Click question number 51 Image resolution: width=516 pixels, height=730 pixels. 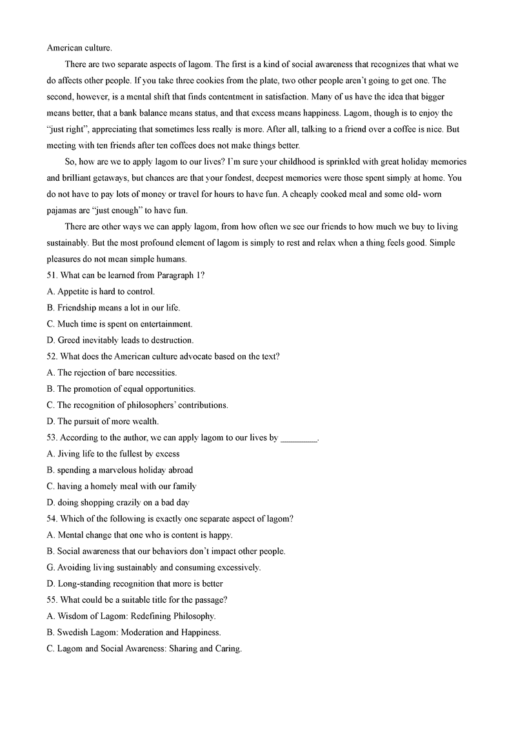[52, 275]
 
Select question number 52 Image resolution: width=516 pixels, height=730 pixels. [52, 356]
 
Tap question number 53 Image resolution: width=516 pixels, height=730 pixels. [52, 438]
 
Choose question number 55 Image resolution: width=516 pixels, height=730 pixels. [52, 600]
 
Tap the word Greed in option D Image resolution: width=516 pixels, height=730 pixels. [70, 340]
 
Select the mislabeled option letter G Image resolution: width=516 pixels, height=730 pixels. [51, 567]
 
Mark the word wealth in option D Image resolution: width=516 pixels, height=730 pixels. [145, 421]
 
